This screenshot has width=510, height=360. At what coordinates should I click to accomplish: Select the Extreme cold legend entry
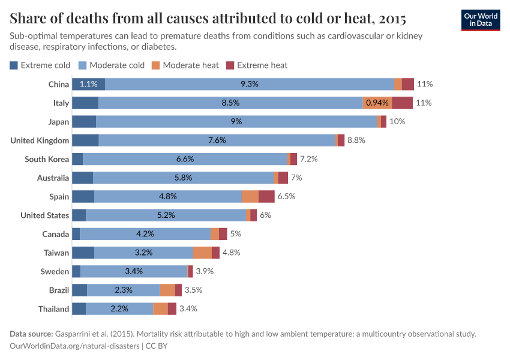coord(40,65)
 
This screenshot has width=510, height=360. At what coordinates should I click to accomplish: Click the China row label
coord(59,84)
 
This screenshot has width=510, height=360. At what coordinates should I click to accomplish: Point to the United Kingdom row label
coord(40,140)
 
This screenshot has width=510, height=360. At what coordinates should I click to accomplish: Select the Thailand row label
coord(53,309)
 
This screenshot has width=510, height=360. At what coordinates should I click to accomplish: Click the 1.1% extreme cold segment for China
coord(88,84)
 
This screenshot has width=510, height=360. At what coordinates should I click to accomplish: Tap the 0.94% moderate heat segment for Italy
coord(377,103)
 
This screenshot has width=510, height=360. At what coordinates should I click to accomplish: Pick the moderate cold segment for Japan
coord(236,122)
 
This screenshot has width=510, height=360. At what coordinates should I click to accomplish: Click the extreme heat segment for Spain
coord(266,196)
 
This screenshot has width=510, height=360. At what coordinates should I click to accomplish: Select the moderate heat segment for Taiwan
coord(202,253)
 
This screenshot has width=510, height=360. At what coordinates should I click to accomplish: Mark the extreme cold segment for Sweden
coord(76,271)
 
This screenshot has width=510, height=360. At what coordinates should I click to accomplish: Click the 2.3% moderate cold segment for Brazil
coord(123,290)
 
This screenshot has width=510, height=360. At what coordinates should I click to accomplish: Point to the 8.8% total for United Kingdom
coord(356,140)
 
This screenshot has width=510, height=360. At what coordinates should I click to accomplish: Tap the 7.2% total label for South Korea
coord(308,159)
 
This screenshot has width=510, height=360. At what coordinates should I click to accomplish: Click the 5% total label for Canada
coord(235,234)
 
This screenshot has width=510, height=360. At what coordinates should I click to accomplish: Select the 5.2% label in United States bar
coord(166,215)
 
